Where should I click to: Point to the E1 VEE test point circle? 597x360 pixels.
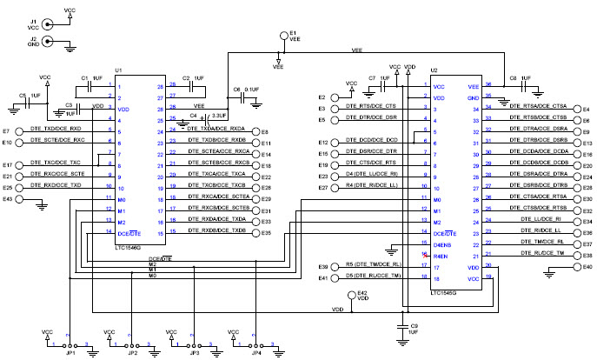[283, 37]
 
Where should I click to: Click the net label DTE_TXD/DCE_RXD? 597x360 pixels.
[56, 129]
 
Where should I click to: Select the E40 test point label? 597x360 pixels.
[587, 266]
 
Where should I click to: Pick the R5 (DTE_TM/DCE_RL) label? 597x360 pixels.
[373, 265]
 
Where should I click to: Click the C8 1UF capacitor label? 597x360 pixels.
[519, 77]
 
